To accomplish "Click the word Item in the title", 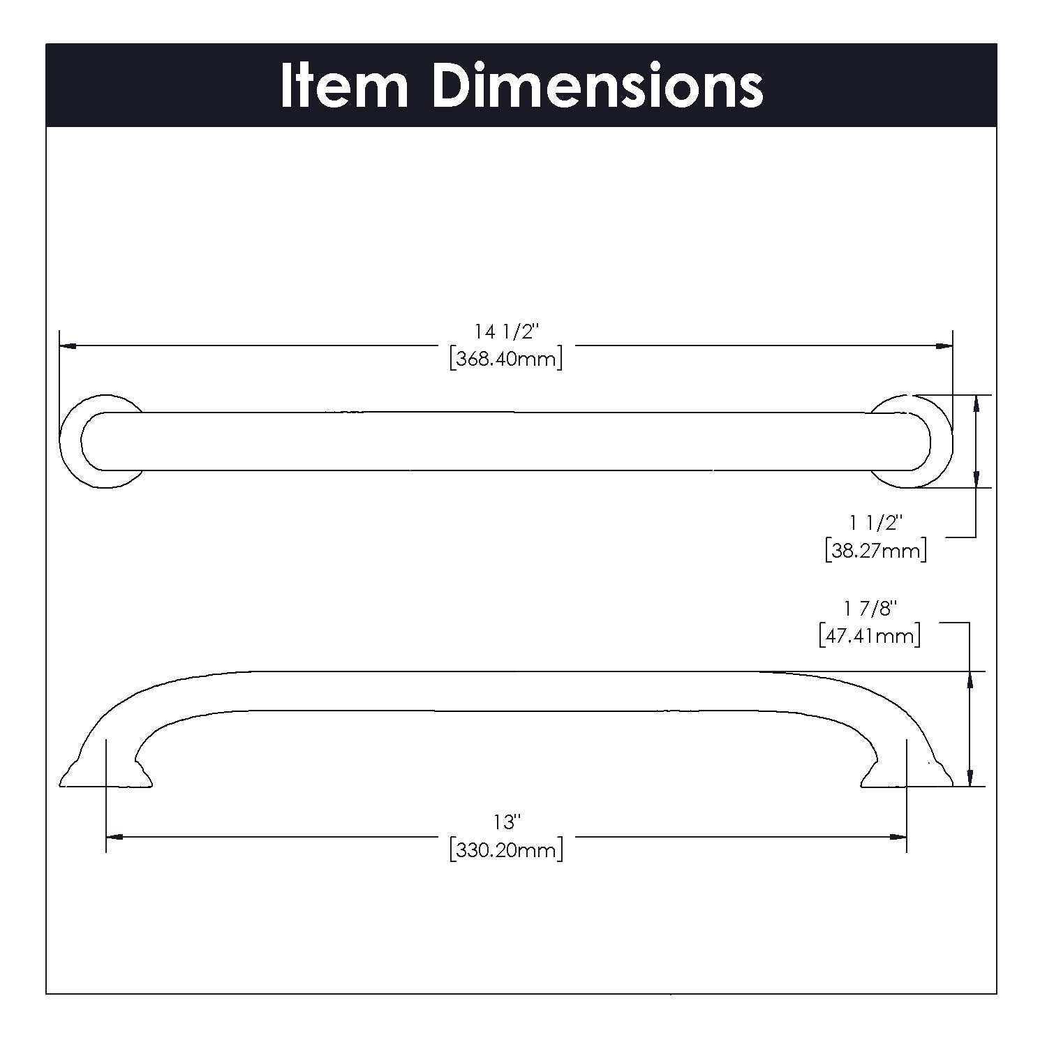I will [x=343, y=86].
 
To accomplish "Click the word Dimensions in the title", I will [x=597, y=86].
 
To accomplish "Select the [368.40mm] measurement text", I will [x=506, y=359].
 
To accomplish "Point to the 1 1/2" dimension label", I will [x=876, y=522].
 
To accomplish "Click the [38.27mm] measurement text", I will [x=875, y=550].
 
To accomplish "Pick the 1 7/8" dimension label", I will [x=870, y=609].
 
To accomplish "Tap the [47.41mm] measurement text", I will [x=870, y=636].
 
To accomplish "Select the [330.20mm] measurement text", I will [x=507, y=850].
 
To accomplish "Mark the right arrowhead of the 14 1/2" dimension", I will [x=945, y=346].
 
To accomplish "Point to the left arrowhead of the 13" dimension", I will [x=114, y=836].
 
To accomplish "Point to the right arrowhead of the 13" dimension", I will [x=898, y=836].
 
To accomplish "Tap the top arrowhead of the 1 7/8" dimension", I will [x=969, y=679].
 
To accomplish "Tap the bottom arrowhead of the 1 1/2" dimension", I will [x=975, y=480].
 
